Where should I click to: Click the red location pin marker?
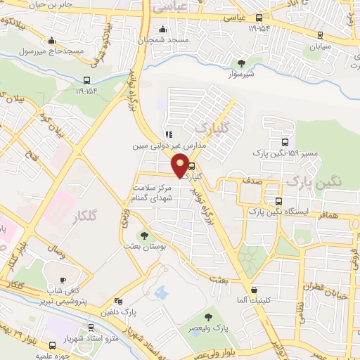click(x=181, y=165)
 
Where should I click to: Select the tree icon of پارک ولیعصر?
click(x=208, y=319)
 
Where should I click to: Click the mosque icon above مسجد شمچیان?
click(x=163, y=30)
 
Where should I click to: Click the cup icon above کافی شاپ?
click(x=63, y=279)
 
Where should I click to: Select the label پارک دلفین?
click(x=117, y=311)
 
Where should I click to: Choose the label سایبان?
click(x=315, y=46)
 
